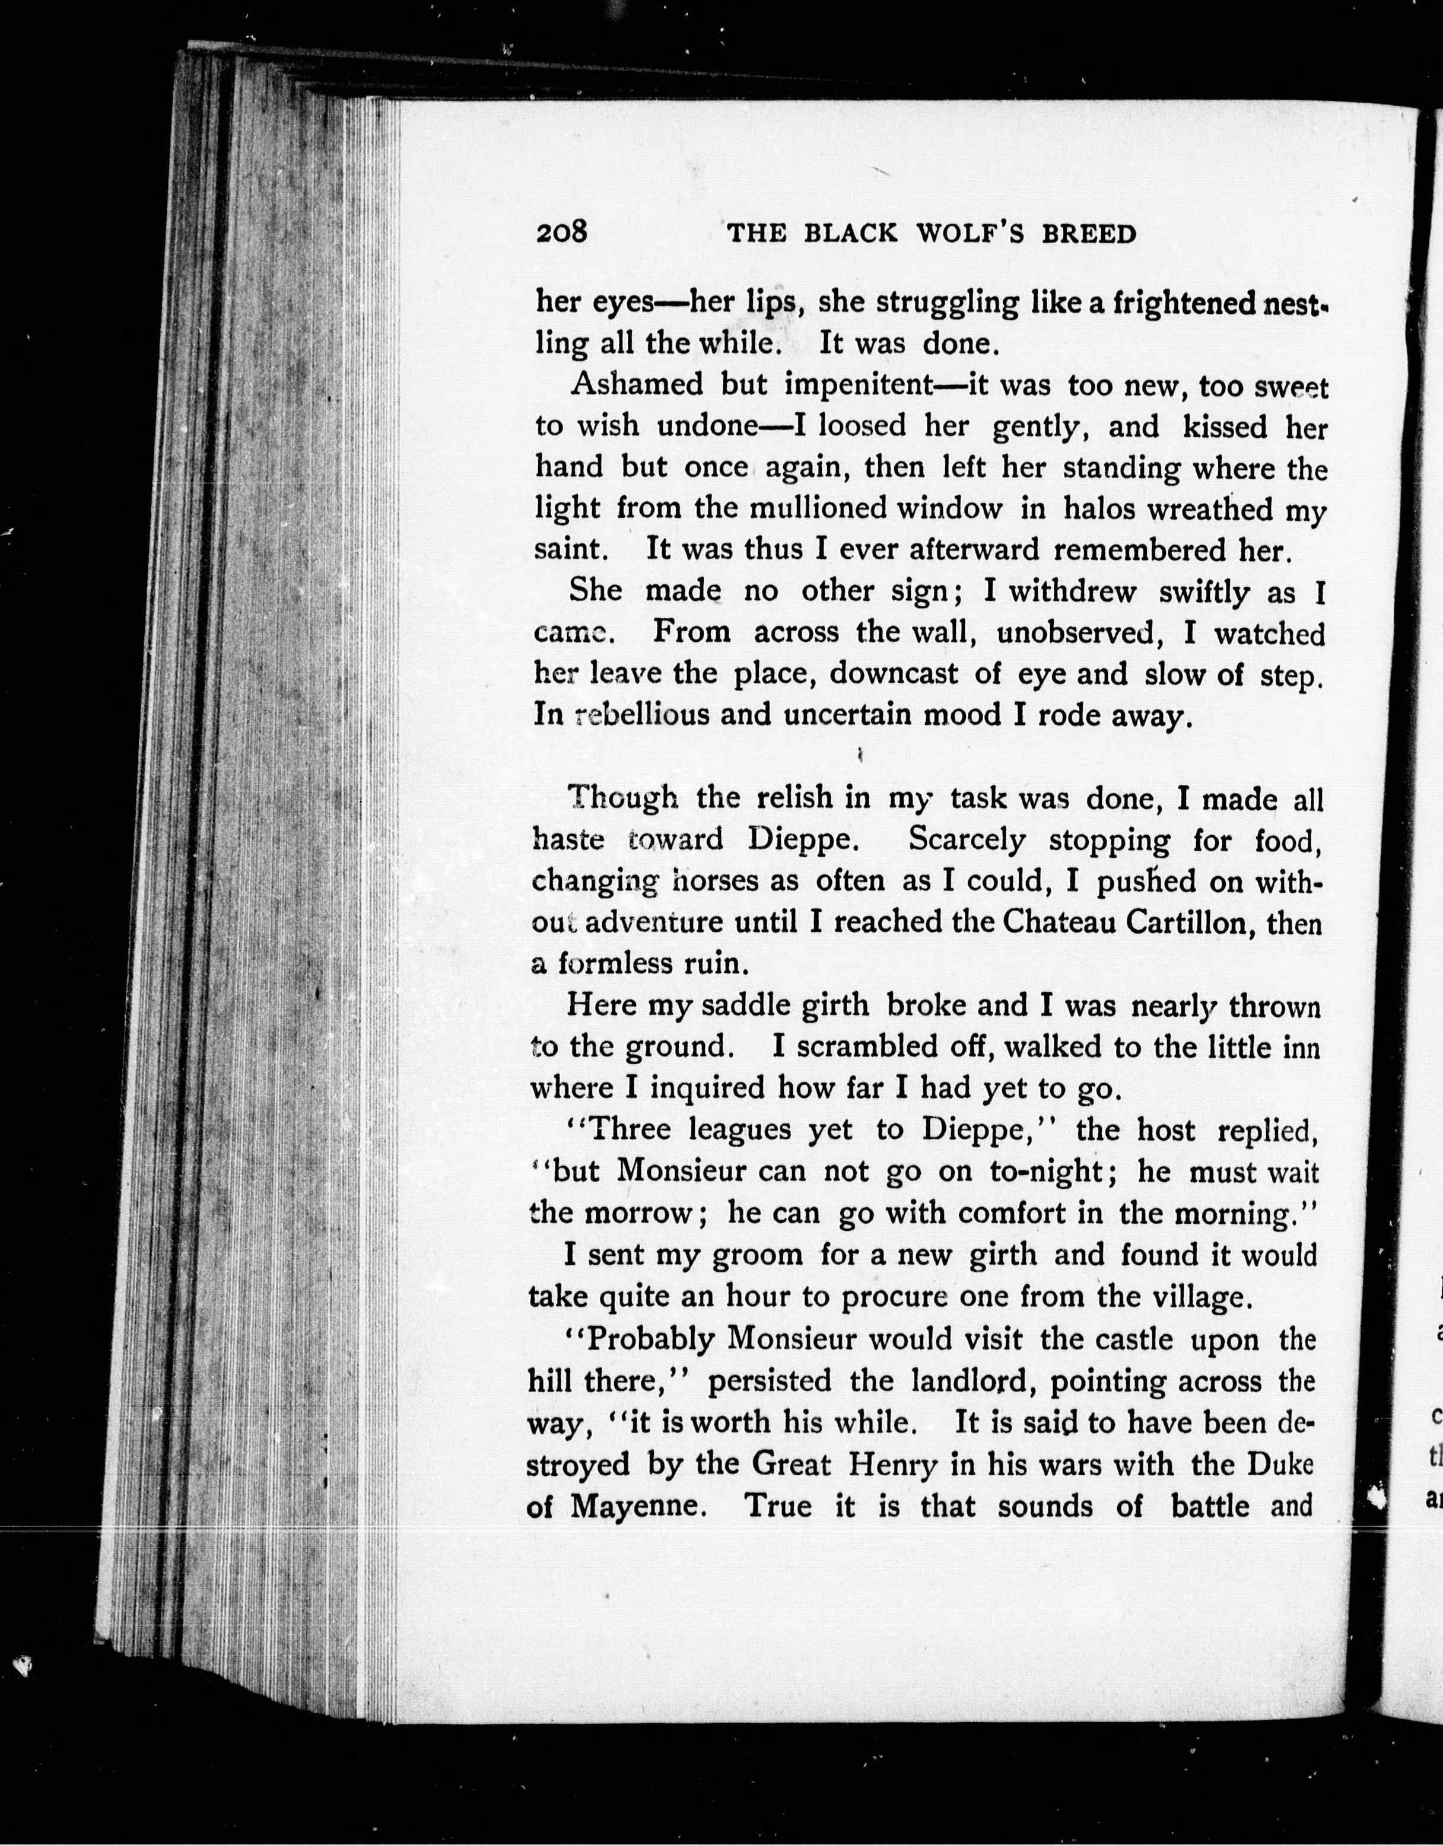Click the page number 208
pyautogui.click(x=561, y=231)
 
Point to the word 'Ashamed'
pyautogui.click(x=637, y=384)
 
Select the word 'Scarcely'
pyautogui.click(x=966, y=839)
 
